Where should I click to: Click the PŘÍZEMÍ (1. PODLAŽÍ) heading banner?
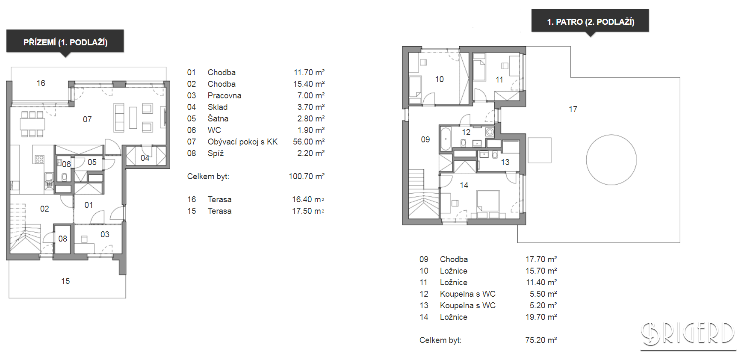click(x=65, y=41)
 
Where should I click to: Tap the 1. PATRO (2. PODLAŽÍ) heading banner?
click(x=590, y=21)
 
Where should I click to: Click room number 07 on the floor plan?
click(x=87, y=120)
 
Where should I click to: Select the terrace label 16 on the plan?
click(x=41, y=83)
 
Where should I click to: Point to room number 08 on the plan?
click(x=63, y=239)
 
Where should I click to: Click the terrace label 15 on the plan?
click(x=65, y=281)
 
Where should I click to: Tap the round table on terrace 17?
click(x=611, y=160)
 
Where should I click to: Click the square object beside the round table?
click(x=540, y=150)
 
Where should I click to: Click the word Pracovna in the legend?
click(x=224, y=96)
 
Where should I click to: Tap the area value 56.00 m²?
click(x=309, y=142)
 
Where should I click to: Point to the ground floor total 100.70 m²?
click(x=307, y=177)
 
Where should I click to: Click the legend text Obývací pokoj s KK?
click(x=242, y=142)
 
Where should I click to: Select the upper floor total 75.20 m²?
click(x=541, y=340)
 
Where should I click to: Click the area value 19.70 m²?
click(x=541, y=317)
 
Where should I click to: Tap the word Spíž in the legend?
click(x=216, y=153)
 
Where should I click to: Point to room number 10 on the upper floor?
click(x=440, y=79)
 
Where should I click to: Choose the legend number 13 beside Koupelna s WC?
click(x=424, y=306)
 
